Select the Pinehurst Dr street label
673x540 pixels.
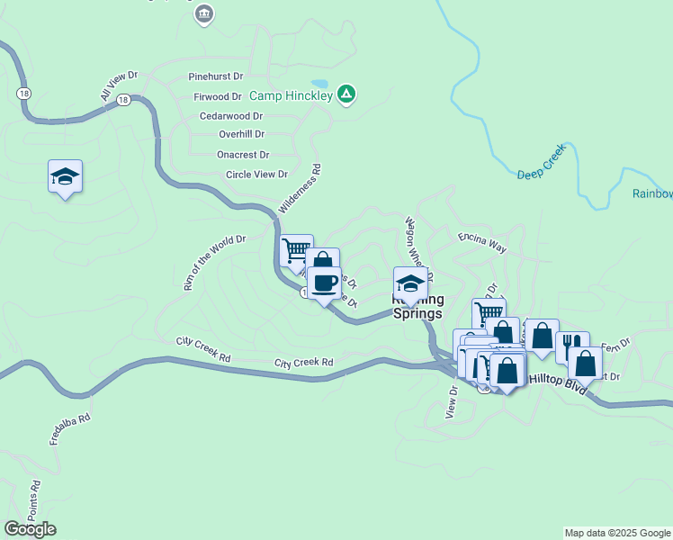[216, 77]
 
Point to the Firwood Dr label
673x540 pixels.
[217, 96]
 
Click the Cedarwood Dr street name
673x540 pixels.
[231, 116]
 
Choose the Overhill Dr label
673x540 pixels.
[241, 134]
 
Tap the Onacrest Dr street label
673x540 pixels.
[243, 155]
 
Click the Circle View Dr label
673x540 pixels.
[256, 175]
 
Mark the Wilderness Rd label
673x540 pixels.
[301, 188]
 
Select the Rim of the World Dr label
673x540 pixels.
[214, 263]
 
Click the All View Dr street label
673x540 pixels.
[119, 86]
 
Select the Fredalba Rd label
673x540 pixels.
[72, 431]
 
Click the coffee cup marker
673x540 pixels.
[325, 283]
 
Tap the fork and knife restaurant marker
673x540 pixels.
[570, 346]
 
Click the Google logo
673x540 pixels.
[30, 529]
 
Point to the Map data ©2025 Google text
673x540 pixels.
[616, 533]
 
